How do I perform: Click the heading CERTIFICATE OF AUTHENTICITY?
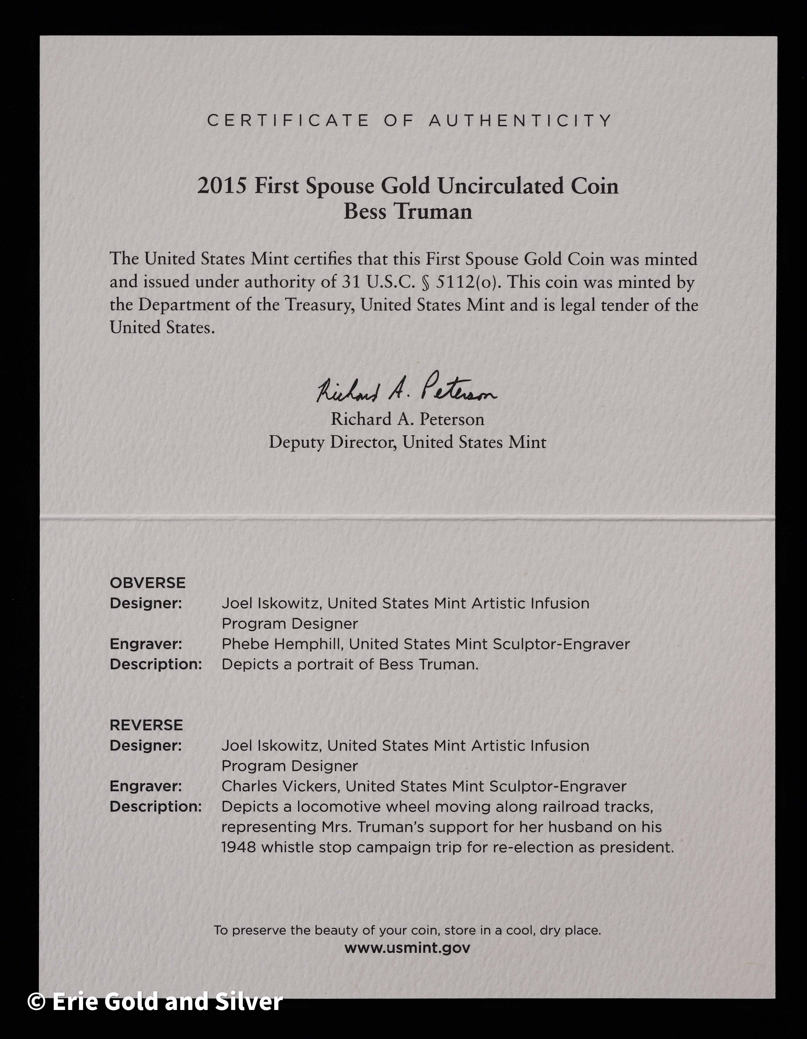409,121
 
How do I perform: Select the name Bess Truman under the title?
408,212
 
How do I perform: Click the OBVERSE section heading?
147,583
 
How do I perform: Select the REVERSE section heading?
146,725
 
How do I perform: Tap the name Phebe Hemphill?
282,644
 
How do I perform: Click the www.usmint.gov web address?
407,948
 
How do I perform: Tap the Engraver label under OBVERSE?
145,644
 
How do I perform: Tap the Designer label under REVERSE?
145,746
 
